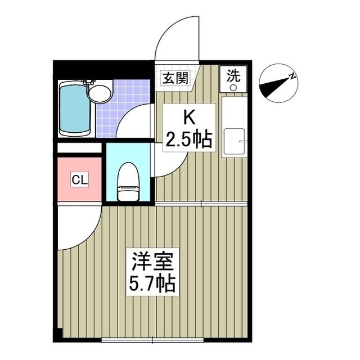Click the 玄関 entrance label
pos(175,78)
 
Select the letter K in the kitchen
pos(189,118)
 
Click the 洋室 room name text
pos(154,261)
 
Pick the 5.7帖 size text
pos(154,284)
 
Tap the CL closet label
pos(79,180)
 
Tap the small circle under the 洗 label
pos(233,87)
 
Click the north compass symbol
pos(278,84)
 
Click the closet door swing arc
pos(79,228)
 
